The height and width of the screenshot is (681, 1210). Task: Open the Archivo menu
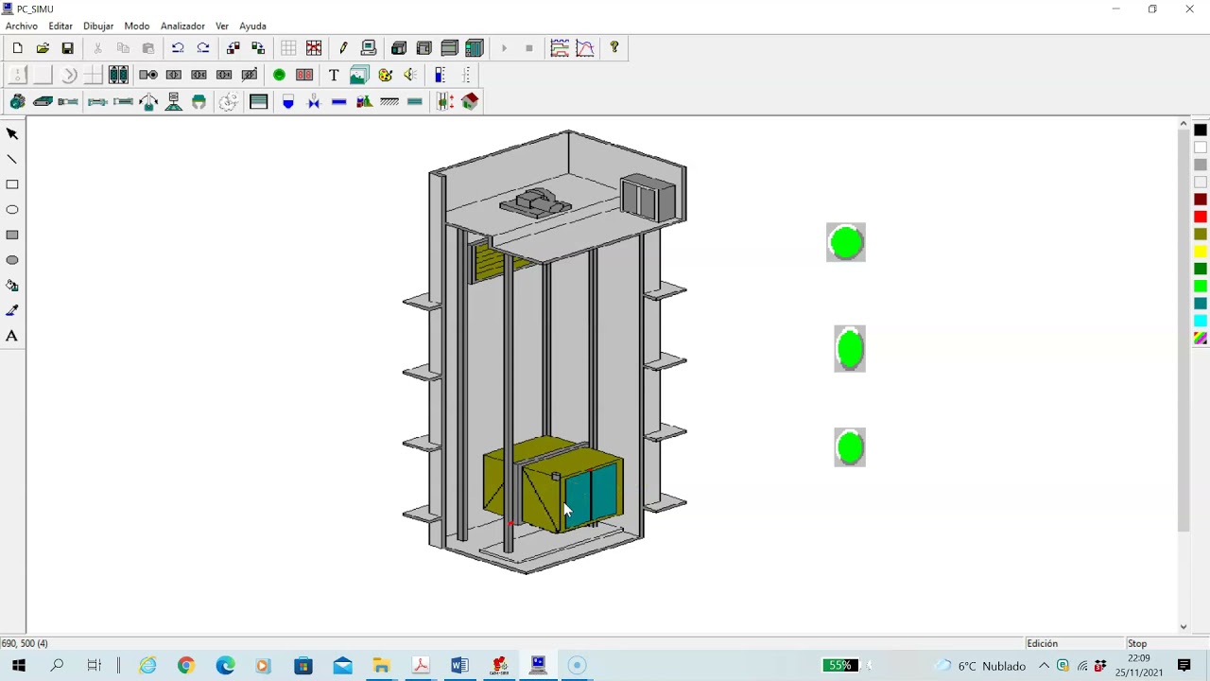tap(22, 26)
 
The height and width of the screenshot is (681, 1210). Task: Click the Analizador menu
tap(182, 26)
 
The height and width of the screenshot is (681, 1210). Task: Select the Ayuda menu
tap(252, 26)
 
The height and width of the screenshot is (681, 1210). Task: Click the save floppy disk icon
tap(67, 48)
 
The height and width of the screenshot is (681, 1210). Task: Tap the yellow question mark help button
tap(614, 47)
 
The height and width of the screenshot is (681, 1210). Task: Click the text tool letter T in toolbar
tap(334, 75)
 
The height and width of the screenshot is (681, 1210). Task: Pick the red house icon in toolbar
tap(470, 101)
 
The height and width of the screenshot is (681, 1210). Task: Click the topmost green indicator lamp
tap(846, 242)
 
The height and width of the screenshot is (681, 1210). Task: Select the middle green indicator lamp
tap(850, 349)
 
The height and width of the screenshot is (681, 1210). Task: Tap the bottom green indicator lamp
tap(850, 447)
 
